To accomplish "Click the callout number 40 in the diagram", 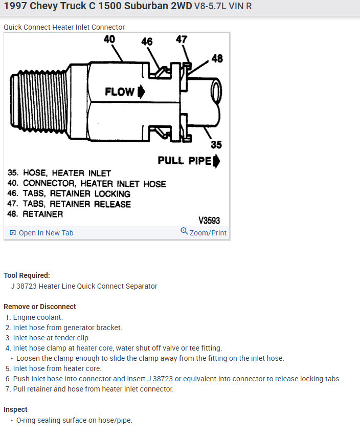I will point(109,39).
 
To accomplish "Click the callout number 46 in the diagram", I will point(147,41).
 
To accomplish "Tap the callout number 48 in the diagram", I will point(217,58).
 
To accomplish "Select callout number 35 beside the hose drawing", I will point(216,144).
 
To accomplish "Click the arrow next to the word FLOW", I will point(141,92).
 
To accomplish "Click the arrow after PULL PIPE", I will point(217,161).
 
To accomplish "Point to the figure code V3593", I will point(209,221).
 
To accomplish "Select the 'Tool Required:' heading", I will point(27,275).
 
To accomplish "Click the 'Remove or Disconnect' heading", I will point(40,307).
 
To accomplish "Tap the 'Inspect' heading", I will point(15,409).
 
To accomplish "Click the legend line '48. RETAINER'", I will point(35,214).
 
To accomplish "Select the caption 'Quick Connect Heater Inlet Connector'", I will point(64,27).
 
